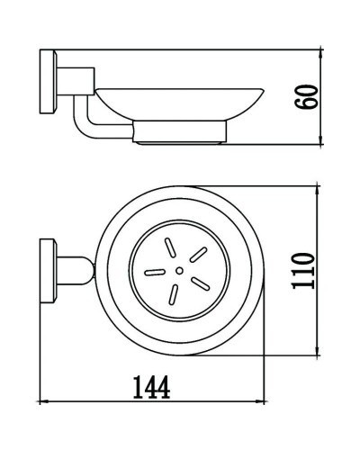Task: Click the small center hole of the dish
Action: coord(179,269)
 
